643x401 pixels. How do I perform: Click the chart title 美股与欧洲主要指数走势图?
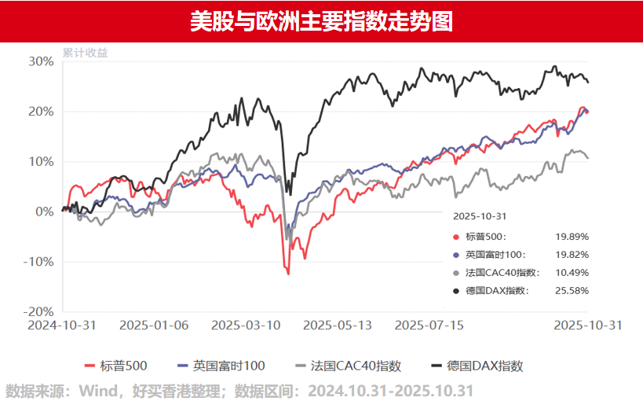[x=321, y=20]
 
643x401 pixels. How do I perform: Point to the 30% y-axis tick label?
[x=41, y=61]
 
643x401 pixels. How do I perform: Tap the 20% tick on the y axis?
[x=41, y=112]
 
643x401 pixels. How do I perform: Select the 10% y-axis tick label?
[x=41, y=162]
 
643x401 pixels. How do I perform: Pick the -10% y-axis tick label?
[x=39, y=262]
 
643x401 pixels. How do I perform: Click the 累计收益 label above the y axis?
[x=86, y=53]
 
